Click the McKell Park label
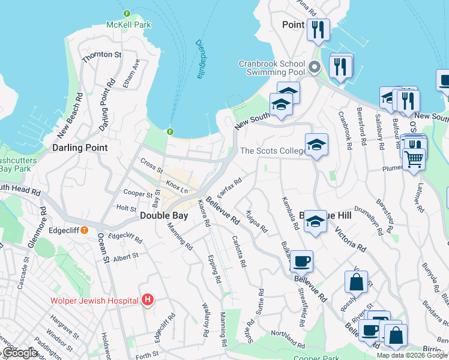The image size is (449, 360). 128,25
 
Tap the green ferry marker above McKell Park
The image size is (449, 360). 127,13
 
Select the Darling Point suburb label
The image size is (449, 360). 80,148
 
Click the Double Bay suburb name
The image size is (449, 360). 165,215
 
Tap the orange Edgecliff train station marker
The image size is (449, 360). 85,230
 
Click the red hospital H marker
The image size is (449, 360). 148,299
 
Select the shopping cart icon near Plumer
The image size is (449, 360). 414,160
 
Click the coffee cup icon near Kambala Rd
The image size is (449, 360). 301,261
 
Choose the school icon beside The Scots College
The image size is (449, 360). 316,145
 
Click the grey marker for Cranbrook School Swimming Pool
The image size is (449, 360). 314,67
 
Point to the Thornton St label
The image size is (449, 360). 102,55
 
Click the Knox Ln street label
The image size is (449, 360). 178,184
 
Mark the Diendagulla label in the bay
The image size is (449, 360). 200,59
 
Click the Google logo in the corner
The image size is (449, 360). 20,353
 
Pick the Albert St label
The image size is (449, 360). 125,257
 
